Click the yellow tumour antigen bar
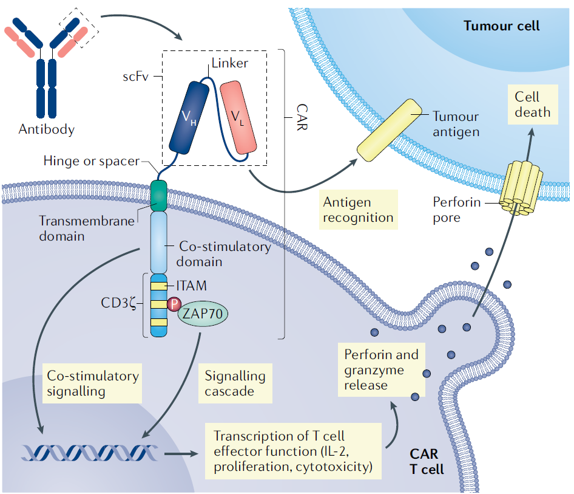coord(385,132)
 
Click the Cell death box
coord(532,105)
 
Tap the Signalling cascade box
coord(235,383)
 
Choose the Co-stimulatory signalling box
coord(92,383)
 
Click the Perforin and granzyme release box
coord(381,369)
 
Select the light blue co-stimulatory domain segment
coord(158,242)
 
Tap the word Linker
coord(229,63)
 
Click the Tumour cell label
coord(501,26)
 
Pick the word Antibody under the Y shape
coord(47,129)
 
